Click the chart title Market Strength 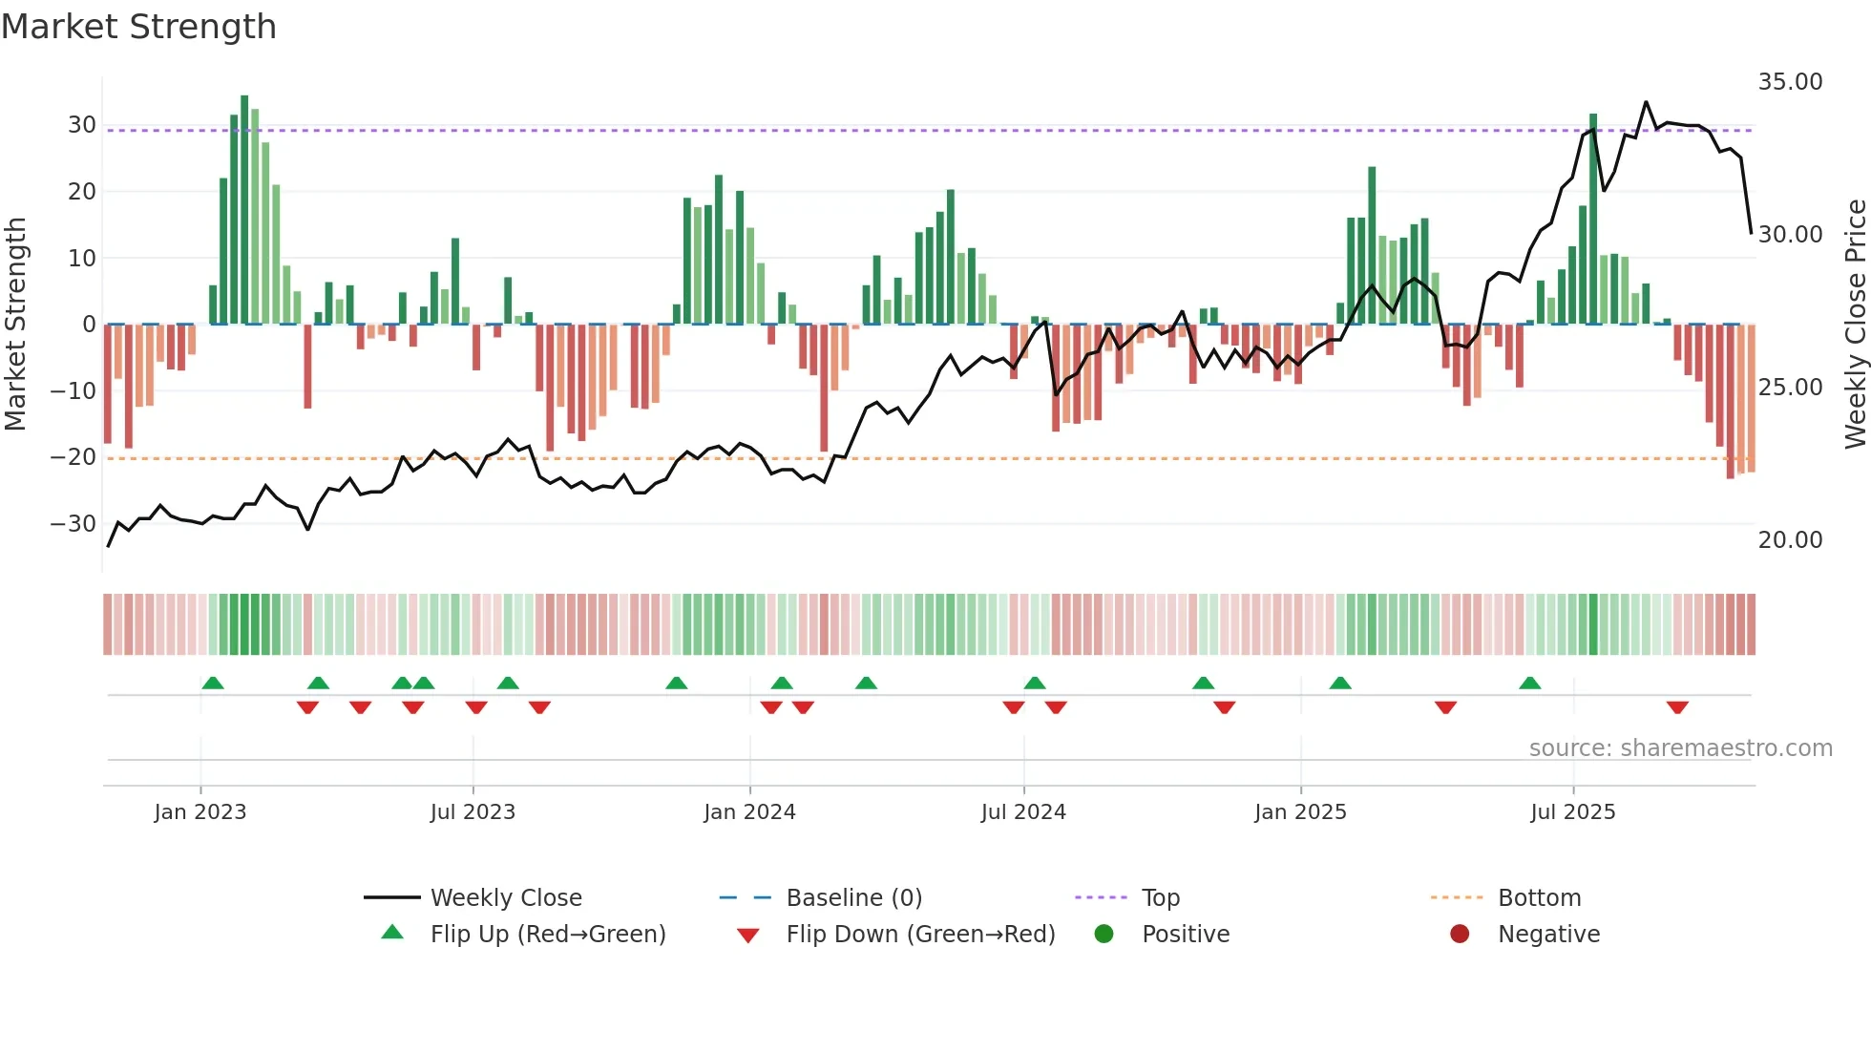tap(138, 27)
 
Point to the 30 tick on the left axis tap(82, 125)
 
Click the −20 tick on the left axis tap(74, 457)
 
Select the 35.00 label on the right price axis tap(1790, 82)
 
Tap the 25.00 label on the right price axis tap(1790, 388)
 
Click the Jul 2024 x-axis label tap(1023, 812)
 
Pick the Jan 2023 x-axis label tap(200, 812)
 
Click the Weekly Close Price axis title tap(1855, 324)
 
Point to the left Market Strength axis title tap(16, 324)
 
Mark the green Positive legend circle tap(1104, 935)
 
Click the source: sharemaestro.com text tap(1680, 748)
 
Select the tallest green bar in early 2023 tap(244, 210)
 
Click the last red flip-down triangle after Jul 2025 tap(1677, 707)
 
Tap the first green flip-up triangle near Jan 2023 tap(213, 683)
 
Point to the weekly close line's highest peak tap(1646, 102)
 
